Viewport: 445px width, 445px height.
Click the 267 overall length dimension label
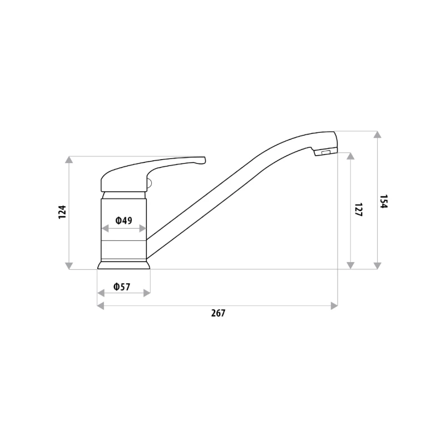coord(218,313)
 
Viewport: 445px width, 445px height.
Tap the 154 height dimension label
coord(384,201)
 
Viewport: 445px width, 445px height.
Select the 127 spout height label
coord(359,210)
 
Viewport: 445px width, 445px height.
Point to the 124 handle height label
coord(62,212)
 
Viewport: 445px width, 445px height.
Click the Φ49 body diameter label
coord(123,220)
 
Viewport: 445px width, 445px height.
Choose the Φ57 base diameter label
coord(122,287)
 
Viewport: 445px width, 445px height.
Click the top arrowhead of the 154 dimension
coord(377,135)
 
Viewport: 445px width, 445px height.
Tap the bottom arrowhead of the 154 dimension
coord(377,266)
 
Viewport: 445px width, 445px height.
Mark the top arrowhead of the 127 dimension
coord(350,156)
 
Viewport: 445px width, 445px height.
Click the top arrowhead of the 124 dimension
coord(69,160)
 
